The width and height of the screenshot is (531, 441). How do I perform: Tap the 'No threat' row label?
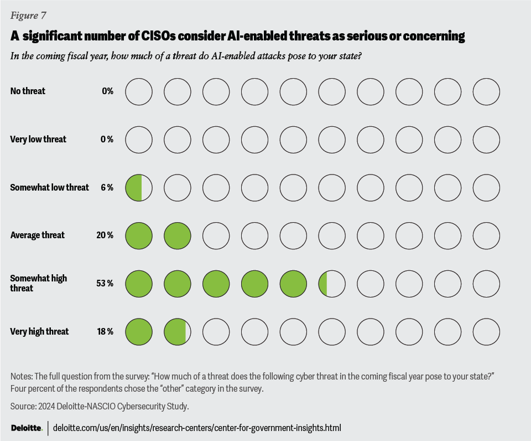(28, 91)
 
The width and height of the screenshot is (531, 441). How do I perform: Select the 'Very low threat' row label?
(38, 139)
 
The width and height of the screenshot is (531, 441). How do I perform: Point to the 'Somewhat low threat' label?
(50, 187)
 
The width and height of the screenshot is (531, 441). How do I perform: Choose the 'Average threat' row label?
(38, 235)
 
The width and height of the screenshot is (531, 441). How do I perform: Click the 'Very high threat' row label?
(40, 331)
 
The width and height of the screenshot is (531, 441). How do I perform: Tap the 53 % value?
(105, 284)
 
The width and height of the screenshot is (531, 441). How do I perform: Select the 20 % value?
(105, 235)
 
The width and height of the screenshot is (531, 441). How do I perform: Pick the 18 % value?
(105, 331)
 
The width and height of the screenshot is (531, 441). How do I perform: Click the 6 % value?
(107, 187)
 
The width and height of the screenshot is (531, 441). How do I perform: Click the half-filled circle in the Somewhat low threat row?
(139, 187)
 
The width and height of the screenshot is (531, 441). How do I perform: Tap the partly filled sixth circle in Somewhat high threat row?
(332, 284)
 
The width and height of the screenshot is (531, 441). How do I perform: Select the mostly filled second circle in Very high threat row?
(178, 332)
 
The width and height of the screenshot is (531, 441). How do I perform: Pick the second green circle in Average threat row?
(178, 235)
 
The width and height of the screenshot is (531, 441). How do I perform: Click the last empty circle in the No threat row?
(486, 91)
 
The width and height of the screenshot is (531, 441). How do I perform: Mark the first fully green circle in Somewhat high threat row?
(139, 284)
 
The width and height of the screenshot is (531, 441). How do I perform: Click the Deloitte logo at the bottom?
(27, 428)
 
